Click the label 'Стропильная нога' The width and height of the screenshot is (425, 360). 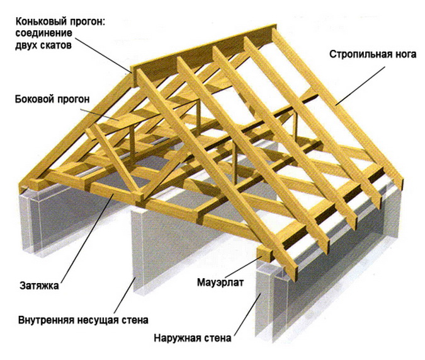(373, 54)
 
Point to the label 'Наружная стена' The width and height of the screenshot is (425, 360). (192, 339)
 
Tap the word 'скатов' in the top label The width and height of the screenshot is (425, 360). (64, 45)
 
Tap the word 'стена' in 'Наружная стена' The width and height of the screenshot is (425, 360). (218, 339)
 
